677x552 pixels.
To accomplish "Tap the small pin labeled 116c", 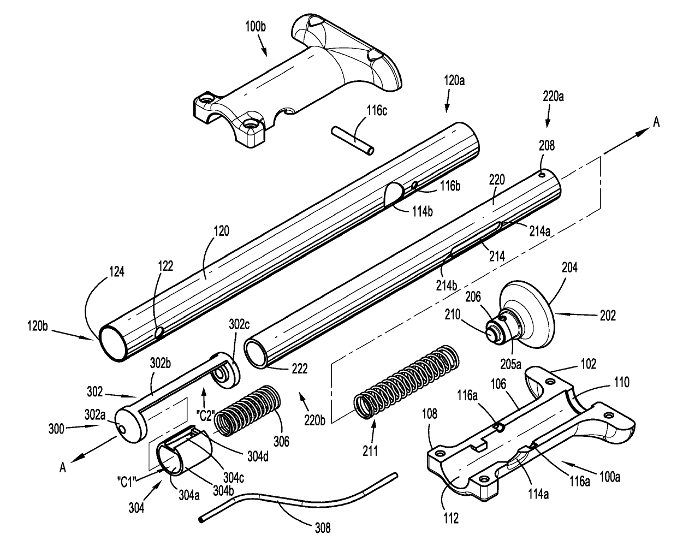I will point(352,141).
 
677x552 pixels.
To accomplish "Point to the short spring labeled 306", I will point(245,407).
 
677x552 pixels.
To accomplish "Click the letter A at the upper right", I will point(656,122).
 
